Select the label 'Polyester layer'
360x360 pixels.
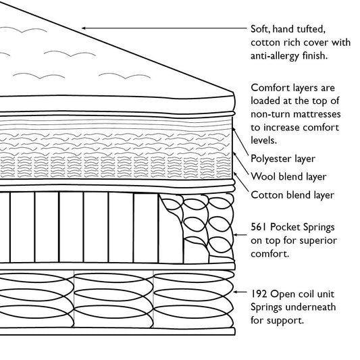282,159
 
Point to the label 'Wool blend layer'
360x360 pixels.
288,177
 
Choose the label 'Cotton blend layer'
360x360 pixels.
292,195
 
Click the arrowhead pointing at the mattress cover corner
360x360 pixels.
84,28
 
